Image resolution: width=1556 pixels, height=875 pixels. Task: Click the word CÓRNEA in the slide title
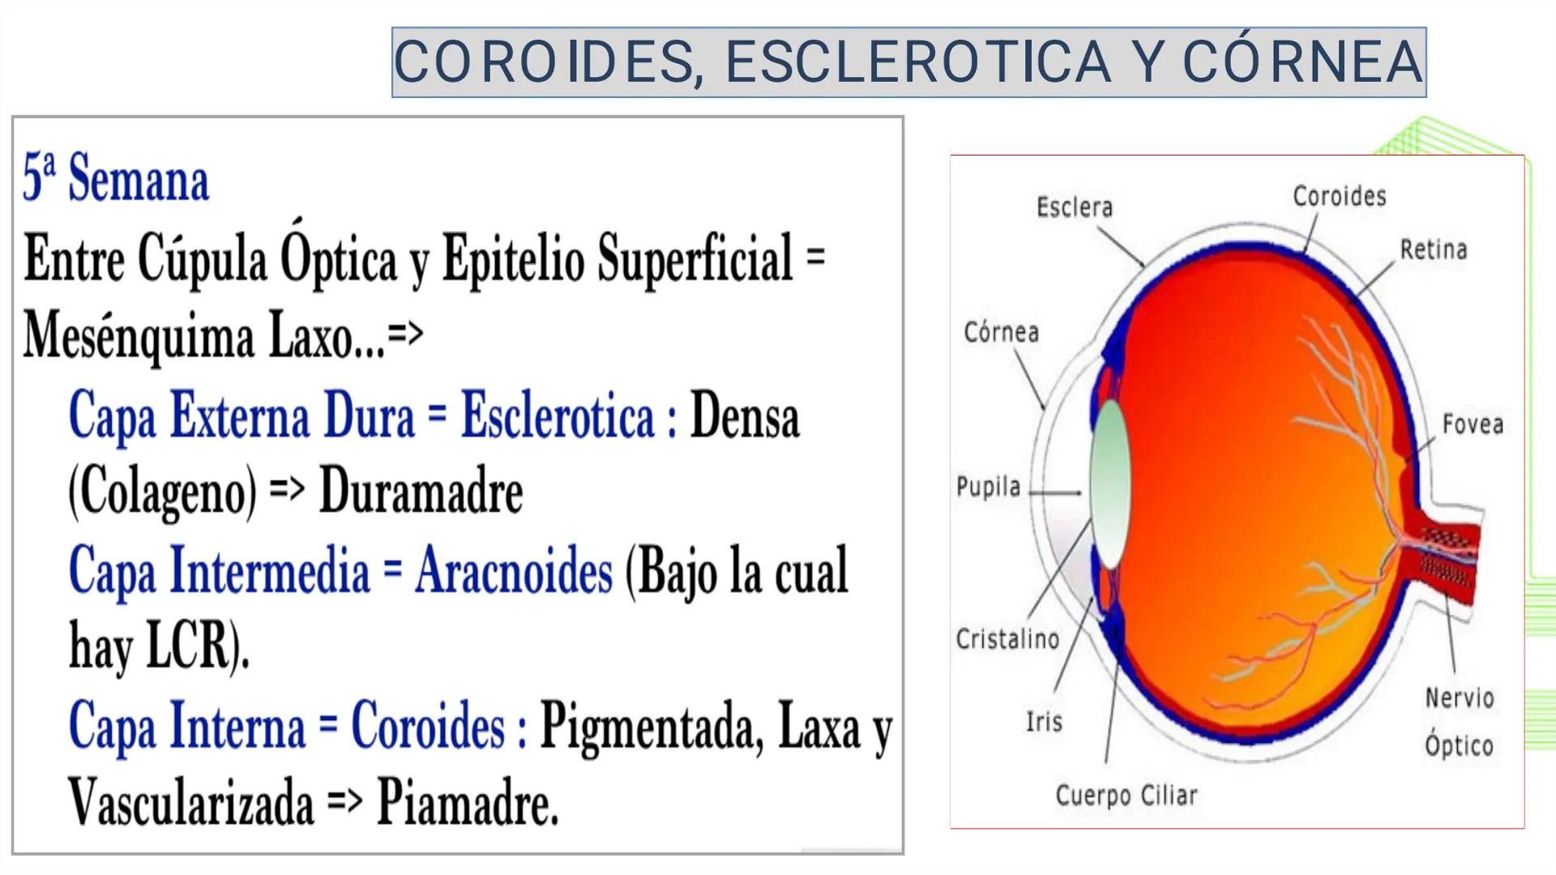tap(1302, 62)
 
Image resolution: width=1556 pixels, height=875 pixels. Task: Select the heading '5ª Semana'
tap(116, 177)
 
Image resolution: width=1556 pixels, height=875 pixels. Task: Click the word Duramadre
tap(421, 491)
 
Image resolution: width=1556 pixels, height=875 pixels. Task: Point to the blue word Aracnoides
tap(514, 570)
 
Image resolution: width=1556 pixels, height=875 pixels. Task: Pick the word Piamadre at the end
tap(468, 802)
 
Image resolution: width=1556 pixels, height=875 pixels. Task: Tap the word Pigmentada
tap(652, 728)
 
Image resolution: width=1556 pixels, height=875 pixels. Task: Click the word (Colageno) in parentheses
tap(162, 493)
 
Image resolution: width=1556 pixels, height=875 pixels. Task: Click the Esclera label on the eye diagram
tap(1075, 207)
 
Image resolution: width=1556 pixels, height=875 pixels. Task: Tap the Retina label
tap(1434, 250)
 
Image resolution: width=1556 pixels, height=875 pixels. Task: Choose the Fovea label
tap(1473, 425)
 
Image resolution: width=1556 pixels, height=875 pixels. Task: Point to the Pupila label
tap(989, 487)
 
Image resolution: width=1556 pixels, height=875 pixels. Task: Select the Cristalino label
tap(1007, 639)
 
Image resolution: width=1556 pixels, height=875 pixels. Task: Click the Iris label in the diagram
tap(1044, 721)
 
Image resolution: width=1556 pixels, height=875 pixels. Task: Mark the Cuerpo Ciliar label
tap(1126, 796)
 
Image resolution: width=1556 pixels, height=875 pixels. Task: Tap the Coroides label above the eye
tap(1340, 196)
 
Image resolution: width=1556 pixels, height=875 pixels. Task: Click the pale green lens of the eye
tap(1109, 484)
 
